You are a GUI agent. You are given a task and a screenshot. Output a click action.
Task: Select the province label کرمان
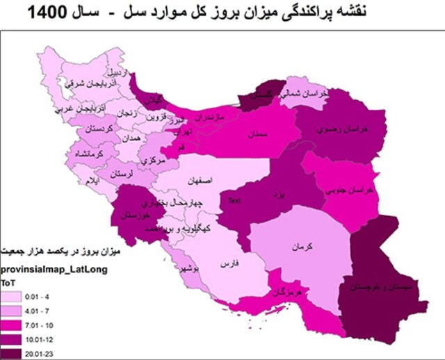[295, 246]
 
